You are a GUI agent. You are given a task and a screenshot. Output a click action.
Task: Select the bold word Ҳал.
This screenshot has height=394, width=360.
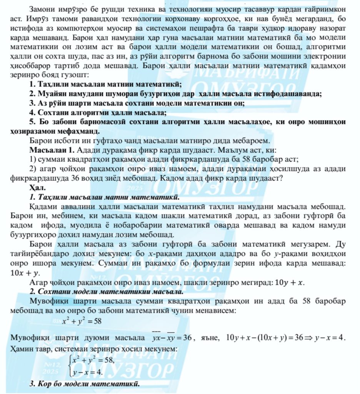37,188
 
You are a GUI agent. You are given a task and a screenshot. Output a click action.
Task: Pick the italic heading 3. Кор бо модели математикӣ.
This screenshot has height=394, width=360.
84,384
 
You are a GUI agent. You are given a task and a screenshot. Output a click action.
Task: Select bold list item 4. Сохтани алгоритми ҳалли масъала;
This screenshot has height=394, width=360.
98,113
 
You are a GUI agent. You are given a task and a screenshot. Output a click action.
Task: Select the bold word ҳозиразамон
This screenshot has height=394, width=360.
35,131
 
